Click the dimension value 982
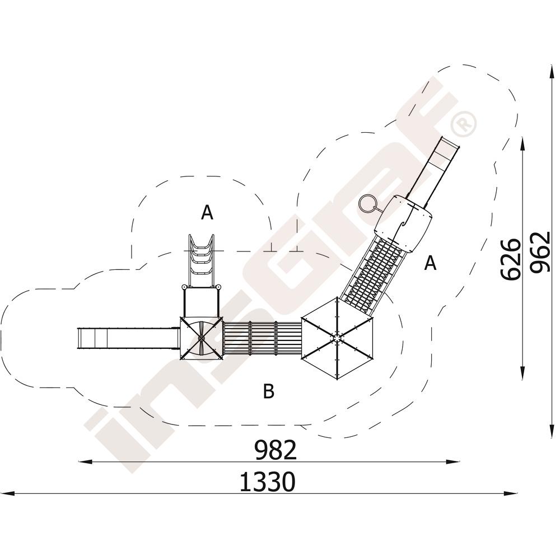click(x=276, y=450)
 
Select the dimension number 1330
click(x=268, y=482)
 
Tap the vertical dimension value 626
click(x=510, y=260)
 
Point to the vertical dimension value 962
click(x=540, y=253)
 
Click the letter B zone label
click(x=269, y=391)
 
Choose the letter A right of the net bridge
click(x=430, y=263)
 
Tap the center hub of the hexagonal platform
click(x=337, y=338)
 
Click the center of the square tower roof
click(x=201, y=337)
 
